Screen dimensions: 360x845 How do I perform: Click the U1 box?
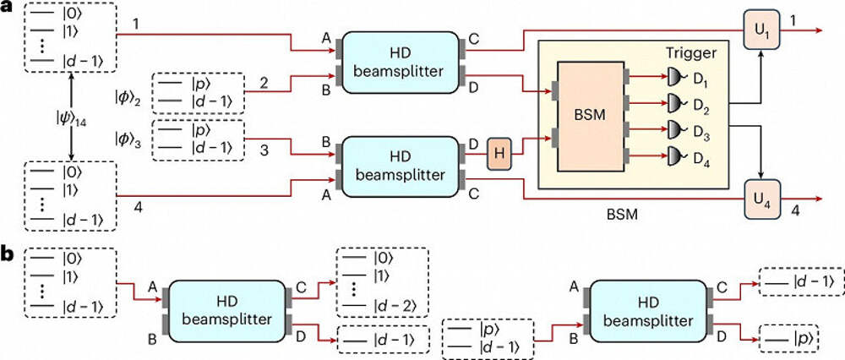click(758, 30)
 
